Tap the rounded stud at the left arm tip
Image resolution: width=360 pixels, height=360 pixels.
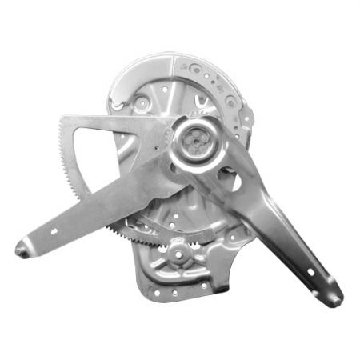tap(21, 250)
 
